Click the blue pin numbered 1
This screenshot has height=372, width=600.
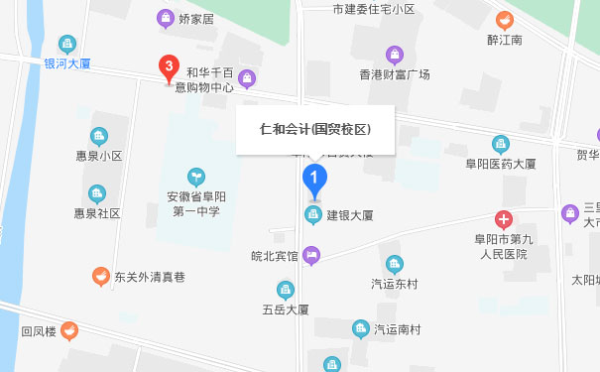tap(313, 181)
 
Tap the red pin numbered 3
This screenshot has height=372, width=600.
tap(170, 67)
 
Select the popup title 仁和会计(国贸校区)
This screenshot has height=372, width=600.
tap(315, 130)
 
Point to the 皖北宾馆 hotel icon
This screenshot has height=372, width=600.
tap(312, 256)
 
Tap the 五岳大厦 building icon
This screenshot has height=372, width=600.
tap(286, 290)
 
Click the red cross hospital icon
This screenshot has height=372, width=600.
tap(504, 220)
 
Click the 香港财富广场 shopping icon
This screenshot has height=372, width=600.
tap(395, 54)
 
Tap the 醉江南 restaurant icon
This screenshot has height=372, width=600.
tap(505, 19)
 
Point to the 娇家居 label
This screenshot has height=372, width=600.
tap(196, 18)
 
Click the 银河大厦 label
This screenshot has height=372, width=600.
tap(67, 62)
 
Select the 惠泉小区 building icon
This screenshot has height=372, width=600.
tap(98, 136)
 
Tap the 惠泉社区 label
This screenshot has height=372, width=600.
tap(96, 213)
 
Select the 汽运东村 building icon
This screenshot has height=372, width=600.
tap(396, 264)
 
